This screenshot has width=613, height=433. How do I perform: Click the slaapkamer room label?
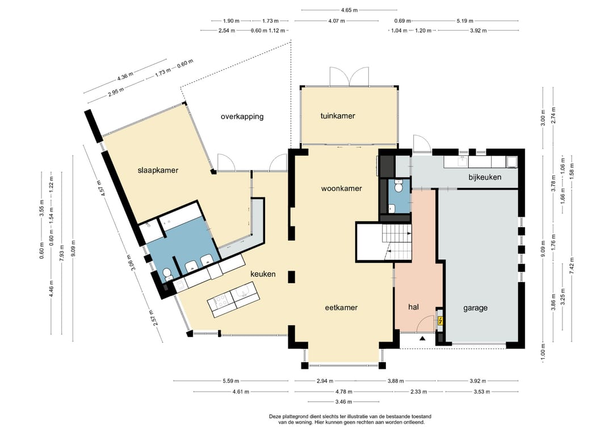(158, 170)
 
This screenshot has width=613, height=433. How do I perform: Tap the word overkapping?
(242, 116)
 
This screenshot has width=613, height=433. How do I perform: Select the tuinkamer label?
(338, 116)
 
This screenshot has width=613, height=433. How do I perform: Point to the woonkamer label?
(341, 188)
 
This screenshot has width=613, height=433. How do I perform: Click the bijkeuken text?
(485, 177)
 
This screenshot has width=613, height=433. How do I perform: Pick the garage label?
(476, 308)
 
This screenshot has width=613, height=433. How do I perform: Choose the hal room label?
(413, 307)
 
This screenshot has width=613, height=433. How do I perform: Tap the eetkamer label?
(341, 308)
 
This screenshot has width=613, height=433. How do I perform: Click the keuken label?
(263, 274)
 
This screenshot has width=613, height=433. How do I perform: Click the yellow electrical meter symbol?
(440, 321)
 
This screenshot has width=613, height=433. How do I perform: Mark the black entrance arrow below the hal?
(422, 338)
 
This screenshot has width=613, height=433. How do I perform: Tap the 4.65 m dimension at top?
(349, 10)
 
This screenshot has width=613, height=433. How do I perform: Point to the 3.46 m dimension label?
(343, 401)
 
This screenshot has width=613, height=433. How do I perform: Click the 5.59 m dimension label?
(230, 381)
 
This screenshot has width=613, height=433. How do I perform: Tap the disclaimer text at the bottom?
(350, 419)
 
